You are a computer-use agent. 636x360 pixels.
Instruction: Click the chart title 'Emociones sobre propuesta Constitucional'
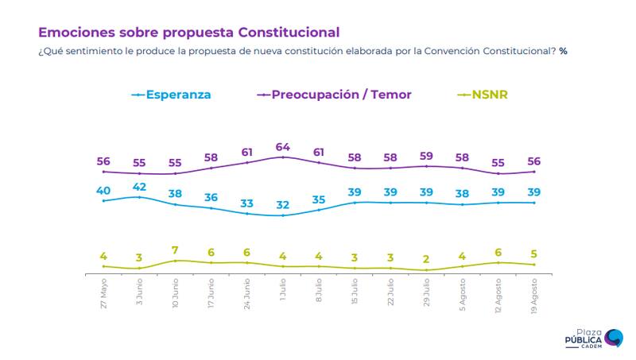188,33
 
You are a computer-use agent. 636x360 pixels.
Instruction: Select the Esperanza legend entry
172,95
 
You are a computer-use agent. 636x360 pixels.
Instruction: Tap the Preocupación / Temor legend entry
335,95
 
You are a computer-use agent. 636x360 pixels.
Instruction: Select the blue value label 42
140,188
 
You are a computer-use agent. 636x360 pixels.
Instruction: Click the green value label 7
176,251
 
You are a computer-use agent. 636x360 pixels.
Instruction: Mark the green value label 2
427,260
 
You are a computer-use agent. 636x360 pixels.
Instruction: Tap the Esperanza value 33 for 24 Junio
247,203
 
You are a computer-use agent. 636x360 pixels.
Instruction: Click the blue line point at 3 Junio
140,196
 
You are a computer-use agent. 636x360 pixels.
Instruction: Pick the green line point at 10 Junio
176,261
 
